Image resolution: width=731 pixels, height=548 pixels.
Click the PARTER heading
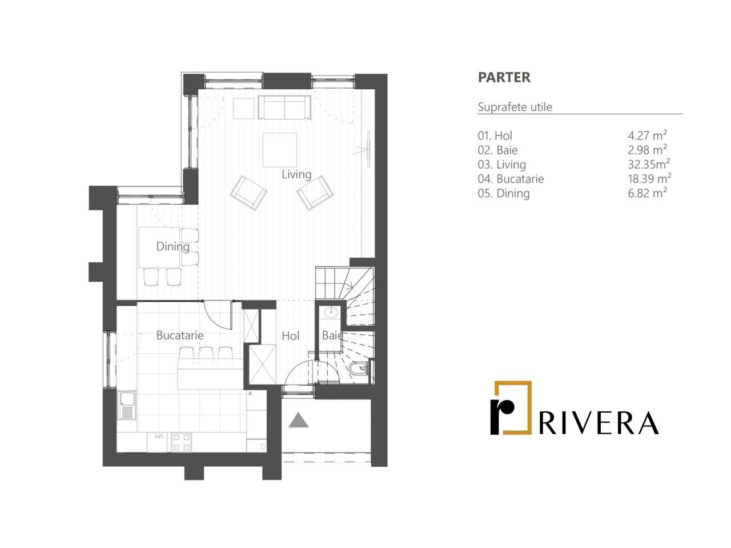[x=504, y=77]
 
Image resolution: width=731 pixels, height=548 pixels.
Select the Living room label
[x=296, y=174]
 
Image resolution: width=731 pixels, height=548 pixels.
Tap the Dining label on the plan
[x=172, y=246]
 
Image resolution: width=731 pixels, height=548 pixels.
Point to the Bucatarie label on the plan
[x=180, y=335]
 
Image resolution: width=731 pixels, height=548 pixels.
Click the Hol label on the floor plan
[x=291, y=336]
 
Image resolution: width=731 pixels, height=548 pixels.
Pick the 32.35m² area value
[x=649, y=164]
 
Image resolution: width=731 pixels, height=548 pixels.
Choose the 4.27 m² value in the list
[x=647, y=135]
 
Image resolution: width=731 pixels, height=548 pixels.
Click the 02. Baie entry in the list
[x=497, y=150]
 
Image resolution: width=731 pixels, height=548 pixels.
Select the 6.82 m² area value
[x=647, y=193]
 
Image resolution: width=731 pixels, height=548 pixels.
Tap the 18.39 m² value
[x=649, y=179]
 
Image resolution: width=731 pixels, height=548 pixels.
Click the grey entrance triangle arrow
[x=298, y=420]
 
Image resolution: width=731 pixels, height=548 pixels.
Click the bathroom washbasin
[x=330, y=313]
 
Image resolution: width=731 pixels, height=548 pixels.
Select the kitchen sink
[x=127, y=405]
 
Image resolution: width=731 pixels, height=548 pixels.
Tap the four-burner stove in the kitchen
[x=182, y=442]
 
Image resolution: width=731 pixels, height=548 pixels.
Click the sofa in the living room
[x=284, y=107]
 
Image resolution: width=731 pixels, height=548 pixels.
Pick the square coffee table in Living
[x=280, y=150]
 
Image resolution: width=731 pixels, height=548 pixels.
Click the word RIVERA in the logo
[x=599, y=423]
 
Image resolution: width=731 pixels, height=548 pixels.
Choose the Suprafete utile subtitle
[x=515, y=107]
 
